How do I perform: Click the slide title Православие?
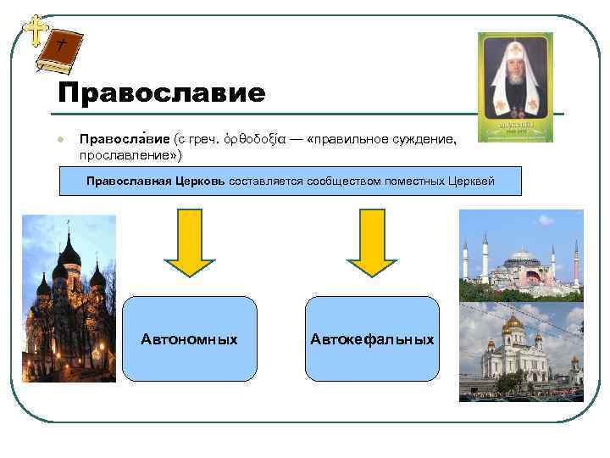[x=162, y=92]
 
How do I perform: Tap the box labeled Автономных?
[x=189, y=339]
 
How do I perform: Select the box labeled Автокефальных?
[x=372, y=339]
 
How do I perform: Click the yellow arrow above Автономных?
[x=189, y=243]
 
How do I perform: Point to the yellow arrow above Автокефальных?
[x=368, y=243]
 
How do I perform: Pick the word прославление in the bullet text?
[x=124, y=156]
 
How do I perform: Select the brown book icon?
[x=61, y=51]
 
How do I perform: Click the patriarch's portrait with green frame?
[x=515, y=87]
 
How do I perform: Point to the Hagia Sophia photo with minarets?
[x=520, y=256]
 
